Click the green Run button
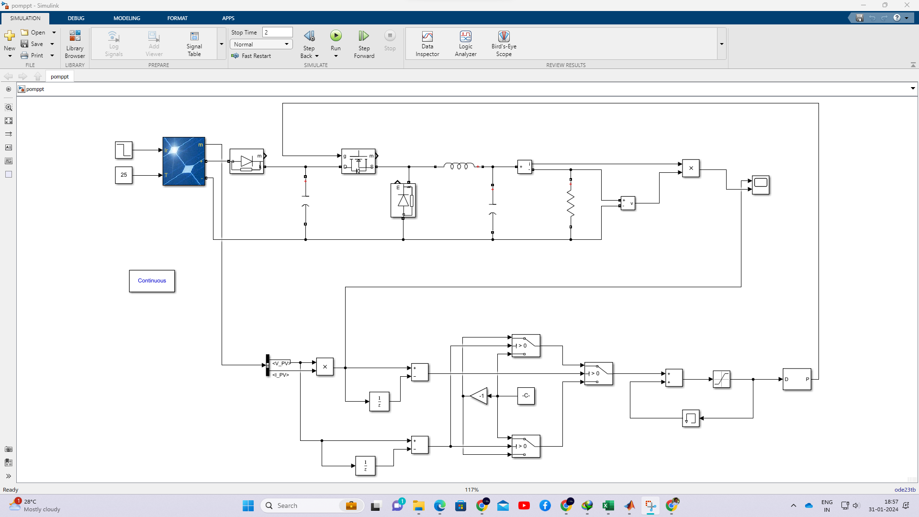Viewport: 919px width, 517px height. click(x=336, y=36)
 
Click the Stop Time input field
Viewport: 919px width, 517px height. click(x=277, y=32)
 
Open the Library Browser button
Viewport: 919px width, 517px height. click(x=75, y=44)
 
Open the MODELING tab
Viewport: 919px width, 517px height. click(x=126, y=18)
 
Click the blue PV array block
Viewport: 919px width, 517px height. click(x=184, y=161)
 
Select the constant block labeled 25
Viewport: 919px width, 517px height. click(x=123, y=175)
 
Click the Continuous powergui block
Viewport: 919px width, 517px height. click(x=152, y=281)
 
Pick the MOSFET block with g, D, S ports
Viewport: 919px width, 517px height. click(x=359, y=161)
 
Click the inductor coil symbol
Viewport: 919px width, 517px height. click(x=459, y=166)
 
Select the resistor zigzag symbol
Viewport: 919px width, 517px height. click(x=571, y=203)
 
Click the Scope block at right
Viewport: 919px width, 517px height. click(x=761, y=185)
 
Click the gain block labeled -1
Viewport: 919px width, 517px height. click(x=479, y=396)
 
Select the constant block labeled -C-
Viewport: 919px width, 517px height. click(x=526, y=396)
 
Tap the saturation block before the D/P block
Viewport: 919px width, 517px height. click(x=721, y=379)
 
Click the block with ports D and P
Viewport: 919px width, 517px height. click(x=796, y=379)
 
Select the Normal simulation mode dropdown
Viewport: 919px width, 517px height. click(x=261, y=45)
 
